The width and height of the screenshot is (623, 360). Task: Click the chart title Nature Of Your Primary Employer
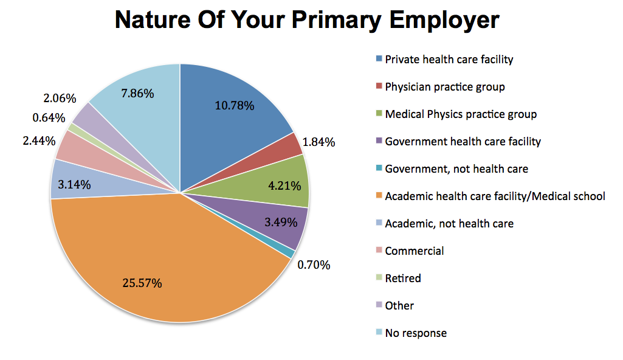pyautogui.click(x=307, y=21)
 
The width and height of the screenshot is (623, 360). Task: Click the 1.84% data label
pyautogui.click(x=318, y=142)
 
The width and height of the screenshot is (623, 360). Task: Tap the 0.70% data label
pyautogui.click(x=314, y=265)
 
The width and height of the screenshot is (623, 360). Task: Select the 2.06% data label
pyautogui.click(x=60, y=98)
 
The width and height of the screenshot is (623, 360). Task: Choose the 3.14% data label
pyautogui.click(x=75, y=184)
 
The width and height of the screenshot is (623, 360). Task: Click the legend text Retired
pyautogui.click(x=402, y=278)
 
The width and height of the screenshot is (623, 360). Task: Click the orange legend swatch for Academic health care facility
pyautogui.click(x=379, y=196)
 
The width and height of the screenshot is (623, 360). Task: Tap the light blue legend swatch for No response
pyautogui.click(x=379, y=333)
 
